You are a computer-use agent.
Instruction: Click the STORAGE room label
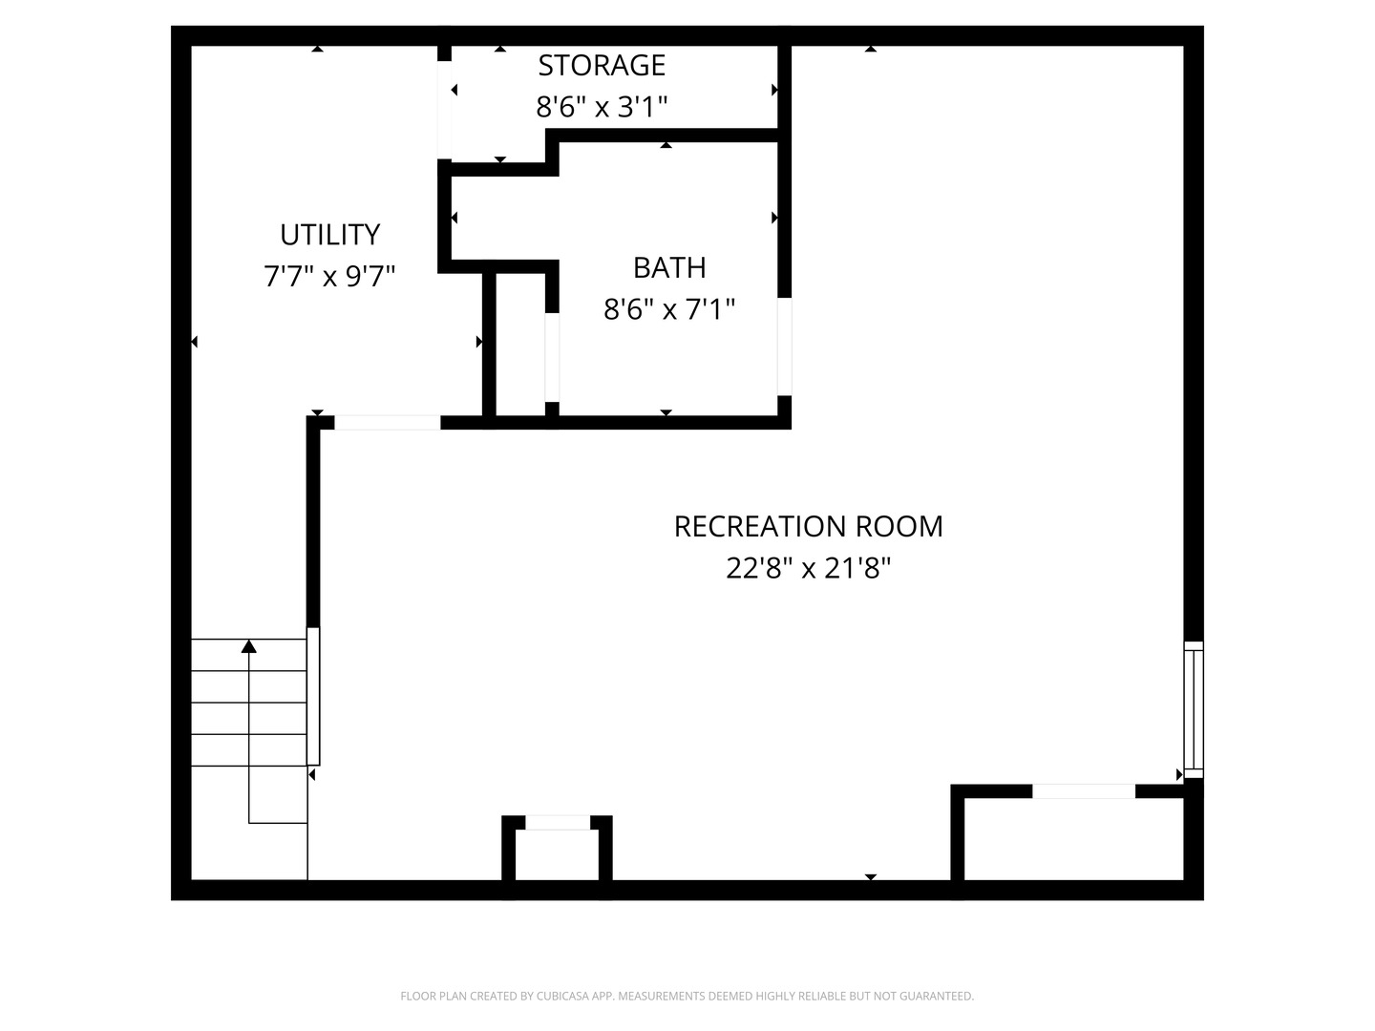point(602,65)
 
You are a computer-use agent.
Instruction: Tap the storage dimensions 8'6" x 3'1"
point(602,106)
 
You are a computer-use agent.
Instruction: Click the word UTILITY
point(329,234)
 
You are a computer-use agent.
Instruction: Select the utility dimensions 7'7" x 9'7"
point(329,277)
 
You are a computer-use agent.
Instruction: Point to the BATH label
point(669,267)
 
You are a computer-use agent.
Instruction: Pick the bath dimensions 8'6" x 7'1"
point(669,309)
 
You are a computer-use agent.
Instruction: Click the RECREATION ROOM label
point(808,526)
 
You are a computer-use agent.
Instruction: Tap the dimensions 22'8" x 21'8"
point(808,569)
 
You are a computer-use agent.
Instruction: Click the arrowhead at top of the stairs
point(249,646)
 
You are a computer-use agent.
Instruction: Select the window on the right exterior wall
point(1194,709)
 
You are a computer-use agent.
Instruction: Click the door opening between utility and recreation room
point(387,422)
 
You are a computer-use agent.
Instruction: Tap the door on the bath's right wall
point(784,347)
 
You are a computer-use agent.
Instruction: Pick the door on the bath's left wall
point(552,357)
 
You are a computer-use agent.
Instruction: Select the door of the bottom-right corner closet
point(1084,790)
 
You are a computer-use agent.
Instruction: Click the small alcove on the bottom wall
point(558,854)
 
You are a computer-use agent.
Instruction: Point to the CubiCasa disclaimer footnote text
point(687,996)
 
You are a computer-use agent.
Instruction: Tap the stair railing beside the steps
point(313,696)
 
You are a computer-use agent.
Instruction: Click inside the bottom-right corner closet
point(1073,839)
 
